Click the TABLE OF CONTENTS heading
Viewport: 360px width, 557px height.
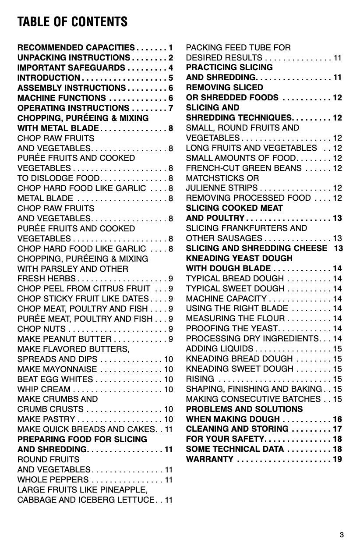[x=72, y=21]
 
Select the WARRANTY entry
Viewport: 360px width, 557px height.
[x=210, y=459]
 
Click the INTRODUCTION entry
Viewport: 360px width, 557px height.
[x=49, y=78]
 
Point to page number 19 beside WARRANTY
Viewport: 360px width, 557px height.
[x=337, y=459]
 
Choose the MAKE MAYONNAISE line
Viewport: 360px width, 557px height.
[x=57, y=369]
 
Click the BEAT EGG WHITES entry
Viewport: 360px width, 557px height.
[x=55, y=379]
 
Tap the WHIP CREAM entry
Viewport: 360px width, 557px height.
[x=44, y=389]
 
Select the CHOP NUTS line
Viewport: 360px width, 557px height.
[x=42, y=329]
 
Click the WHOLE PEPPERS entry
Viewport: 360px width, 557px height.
[x=53, y=479]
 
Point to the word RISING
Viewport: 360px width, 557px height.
[x=200, y=379]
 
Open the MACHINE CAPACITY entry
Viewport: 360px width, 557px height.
[x=226, y=298]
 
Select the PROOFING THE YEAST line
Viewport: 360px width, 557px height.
[x=232, y=328]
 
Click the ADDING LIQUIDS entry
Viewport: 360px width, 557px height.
[x=219, y=348]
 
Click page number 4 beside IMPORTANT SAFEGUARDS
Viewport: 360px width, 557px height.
[x=171, y=67]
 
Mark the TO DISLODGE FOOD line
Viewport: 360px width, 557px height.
[x=59, y=178]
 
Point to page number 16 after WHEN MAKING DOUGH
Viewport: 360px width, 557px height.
[x=337, y=419]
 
